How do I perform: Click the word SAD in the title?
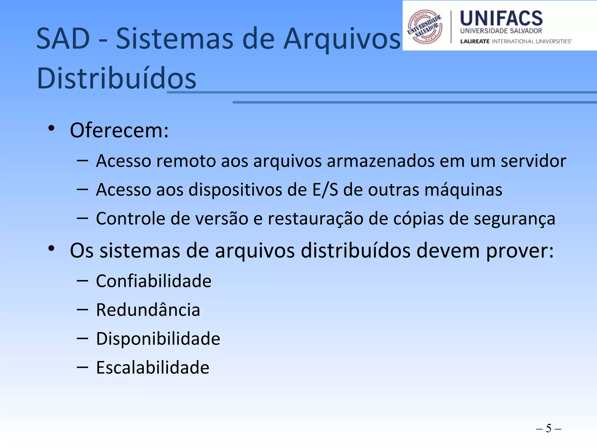coord(63,39)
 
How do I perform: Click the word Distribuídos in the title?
coord(117,78)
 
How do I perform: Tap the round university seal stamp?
coord(425,27)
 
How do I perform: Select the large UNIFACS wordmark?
coord(501,18)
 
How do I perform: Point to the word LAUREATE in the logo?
coord(475,41)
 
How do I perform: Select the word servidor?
coord(533,161)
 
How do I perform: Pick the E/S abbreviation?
coord(325,190)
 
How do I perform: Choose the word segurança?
coord(514,219)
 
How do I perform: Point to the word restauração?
coord(315,219)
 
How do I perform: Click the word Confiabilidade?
coord(154,281)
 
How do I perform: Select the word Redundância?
coord(148,310)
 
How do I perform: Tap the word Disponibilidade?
coord(158,339)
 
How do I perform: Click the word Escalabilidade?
coord(153,367)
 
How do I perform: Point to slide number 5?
coord(549,428)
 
